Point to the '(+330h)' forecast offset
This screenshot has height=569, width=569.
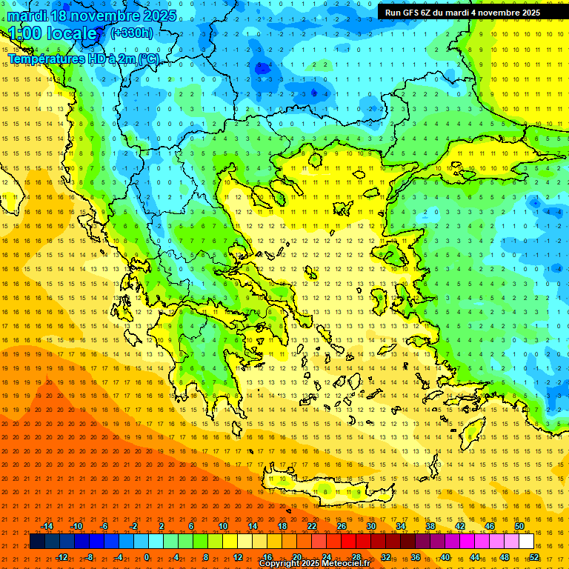point(132,33)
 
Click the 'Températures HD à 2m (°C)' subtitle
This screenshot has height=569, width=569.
point(83,59)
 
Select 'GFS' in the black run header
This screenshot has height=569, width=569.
point(413,13)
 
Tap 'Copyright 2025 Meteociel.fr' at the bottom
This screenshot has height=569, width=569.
point(314,564)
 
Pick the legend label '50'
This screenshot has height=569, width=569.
point(519,526)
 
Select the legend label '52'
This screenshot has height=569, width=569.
point(534,557)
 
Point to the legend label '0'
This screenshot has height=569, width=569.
point(147,557)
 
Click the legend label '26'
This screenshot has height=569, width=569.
point(342,526)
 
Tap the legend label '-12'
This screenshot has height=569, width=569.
point(61,557)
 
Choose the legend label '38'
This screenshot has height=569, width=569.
point(430,526)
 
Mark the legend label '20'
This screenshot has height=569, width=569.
point(297,557)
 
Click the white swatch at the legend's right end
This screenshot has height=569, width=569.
point(527,542)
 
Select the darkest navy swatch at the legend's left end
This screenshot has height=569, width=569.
point(37,542)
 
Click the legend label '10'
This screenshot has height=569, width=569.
point(222,526)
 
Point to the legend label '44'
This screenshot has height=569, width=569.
point(475,557)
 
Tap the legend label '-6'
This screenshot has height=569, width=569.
point(105,526)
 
